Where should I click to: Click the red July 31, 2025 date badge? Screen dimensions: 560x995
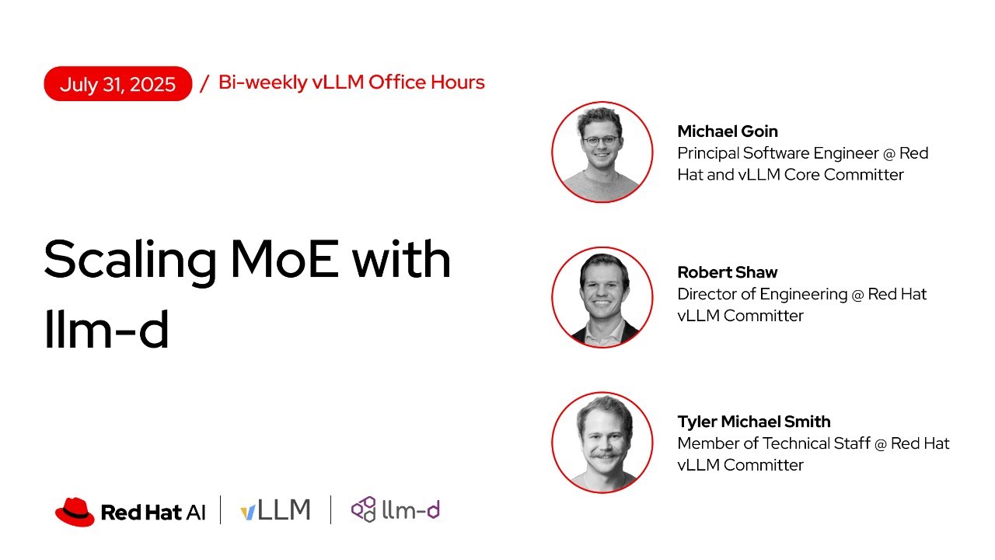click(x=117, y=84)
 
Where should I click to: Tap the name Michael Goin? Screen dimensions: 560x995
click(x=728, y=131)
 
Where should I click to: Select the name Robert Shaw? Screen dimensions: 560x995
click(x=728, y=272)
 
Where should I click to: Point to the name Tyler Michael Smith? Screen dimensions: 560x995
click(x=754, y=422)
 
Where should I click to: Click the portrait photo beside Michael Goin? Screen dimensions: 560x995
click(x=602, y=152)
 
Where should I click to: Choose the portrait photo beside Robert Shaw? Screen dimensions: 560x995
click(x=602, y=297)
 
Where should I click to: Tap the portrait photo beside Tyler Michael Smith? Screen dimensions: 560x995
click(x=602, y=443)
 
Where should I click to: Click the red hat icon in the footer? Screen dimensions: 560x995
click(x=75, y=511)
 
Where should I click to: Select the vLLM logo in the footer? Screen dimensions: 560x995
click(x=275, y=510)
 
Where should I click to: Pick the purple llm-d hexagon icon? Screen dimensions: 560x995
click(x=363, y=510)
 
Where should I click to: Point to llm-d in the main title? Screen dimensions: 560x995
click(x=106, y=327)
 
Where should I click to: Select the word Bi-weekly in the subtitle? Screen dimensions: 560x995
click(x=263, y=82)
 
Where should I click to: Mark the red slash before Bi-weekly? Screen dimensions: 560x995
click(x=204, y=83)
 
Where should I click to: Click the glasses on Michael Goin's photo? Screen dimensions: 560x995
click(x=601, y=141)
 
